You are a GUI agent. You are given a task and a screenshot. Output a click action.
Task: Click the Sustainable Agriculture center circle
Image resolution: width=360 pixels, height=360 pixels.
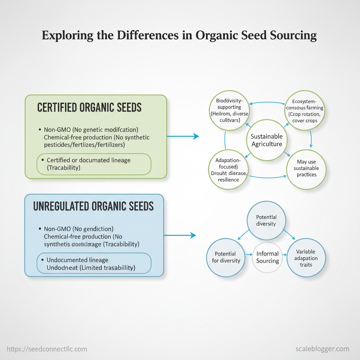click(266, 140)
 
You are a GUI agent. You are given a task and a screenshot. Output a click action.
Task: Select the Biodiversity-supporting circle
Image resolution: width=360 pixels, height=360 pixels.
click(229, 110)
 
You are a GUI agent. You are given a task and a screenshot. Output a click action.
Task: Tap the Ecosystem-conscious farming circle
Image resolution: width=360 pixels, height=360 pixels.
click(304, 110)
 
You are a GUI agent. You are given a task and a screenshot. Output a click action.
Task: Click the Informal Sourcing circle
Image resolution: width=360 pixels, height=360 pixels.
click(268, 257)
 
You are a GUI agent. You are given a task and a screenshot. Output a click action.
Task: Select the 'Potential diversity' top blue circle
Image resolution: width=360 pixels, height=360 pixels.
click(266, 220)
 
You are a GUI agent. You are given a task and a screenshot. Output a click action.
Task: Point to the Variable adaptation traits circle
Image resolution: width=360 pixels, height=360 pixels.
click(306, 258)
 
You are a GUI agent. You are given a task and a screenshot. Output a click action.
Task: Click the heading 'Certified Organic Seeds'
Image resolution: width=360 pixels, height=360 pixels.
click(89, 108)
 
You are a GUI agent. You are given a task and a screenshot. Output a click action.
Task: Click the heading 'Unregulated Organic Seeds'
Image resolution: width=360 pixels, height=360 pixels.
click(93, 206)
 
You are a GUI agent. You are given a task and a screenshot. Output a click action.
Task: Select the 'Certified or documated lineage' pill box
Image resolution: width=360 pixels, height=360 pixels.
click(94, 164)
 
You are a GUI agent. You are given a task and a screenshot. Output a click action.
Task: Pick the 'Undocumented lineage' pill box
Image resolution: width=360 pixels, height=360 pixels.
click(94, 264)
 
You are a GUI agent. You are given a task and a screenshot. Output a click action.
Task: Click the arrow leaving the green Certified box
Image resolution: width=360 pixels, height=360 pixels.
click(183, 136)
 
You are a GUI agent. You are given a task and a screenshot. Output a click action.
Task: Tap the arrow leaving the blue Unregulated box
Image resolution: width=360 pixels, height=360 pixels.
click(180, 235)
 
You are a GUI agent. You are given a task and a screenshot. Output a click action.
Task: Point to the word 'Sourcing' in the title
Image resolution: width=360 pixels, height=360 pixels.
click(294, 36)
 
